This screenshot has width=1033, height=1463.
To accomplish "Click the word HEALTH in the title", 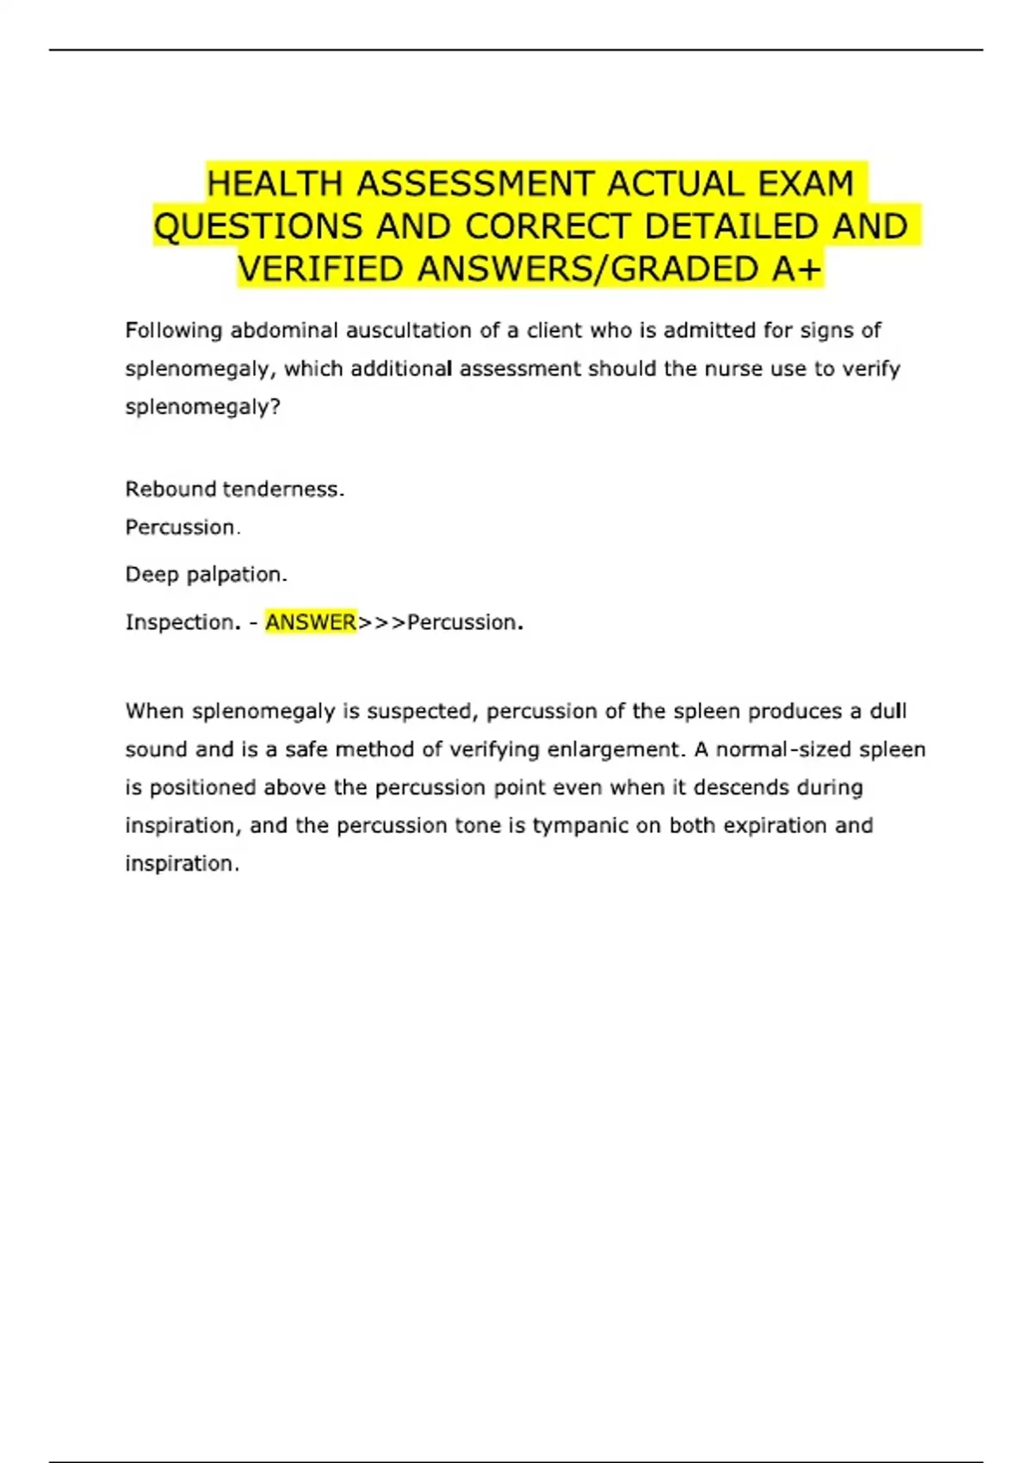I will click(x=275, y=184).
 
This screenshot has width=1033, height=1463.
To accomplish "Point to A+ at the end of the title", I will click(x=796, y=269).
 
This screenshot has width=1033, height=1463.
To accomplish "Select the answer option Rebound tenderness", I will click(x=234, y=489).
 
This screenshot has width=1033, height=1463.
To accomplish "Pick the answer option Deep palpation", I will click(x=207, y=574).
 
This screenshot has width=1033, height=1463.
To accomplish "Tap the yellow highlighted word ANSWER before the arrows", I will click(x=310, y=622).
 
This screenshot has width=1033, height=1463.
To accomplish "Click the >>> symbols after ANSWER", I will click(x=381, y=622).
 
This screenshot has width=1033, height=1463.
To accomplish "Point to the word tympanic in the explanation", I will click(x=580, y=825).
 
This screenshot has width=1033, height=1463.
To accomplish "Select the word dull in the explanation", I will click(x=888, y=711).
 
